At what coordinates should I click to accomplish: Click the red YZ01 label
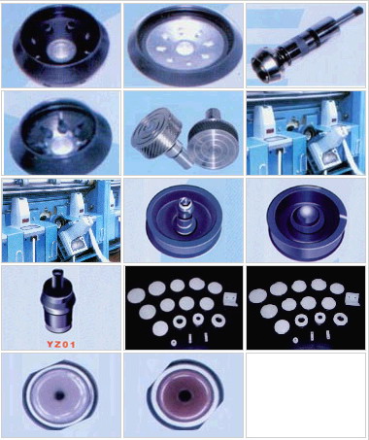61,344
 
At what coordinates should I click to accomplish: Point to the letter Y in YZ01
50,344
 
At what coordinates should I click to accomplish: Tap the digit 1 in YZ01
73,344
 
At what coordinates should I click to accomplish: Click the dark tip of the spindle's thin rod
359,10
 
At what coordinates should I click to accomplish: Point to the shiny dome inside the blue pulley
302,216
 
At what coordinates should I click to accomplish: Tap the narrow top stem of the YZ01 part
59,275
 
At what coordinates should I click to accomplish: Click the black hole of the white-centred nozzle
59,396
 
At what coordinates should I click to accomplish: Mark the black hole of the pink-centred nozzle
184,395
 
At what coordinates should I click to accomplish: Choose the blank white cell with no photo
306,395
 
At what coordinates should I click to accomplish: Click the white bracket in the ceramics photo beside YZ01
230,299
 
